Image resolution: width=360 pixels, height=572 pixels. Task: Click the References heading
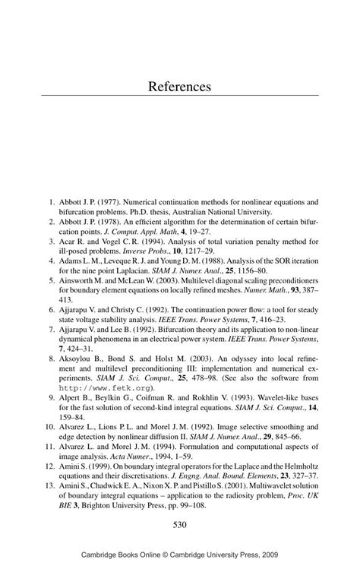pos(179,87)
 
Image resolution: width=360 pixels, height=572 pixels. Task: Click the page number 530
pos(179,524)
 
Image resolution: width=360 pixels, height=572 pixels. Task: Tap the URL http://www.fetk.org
pos(98,387)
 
